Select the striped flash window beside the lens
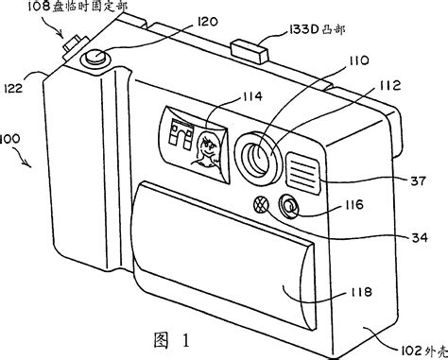(303, 166)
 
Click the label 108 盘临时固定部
(82, 10)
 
